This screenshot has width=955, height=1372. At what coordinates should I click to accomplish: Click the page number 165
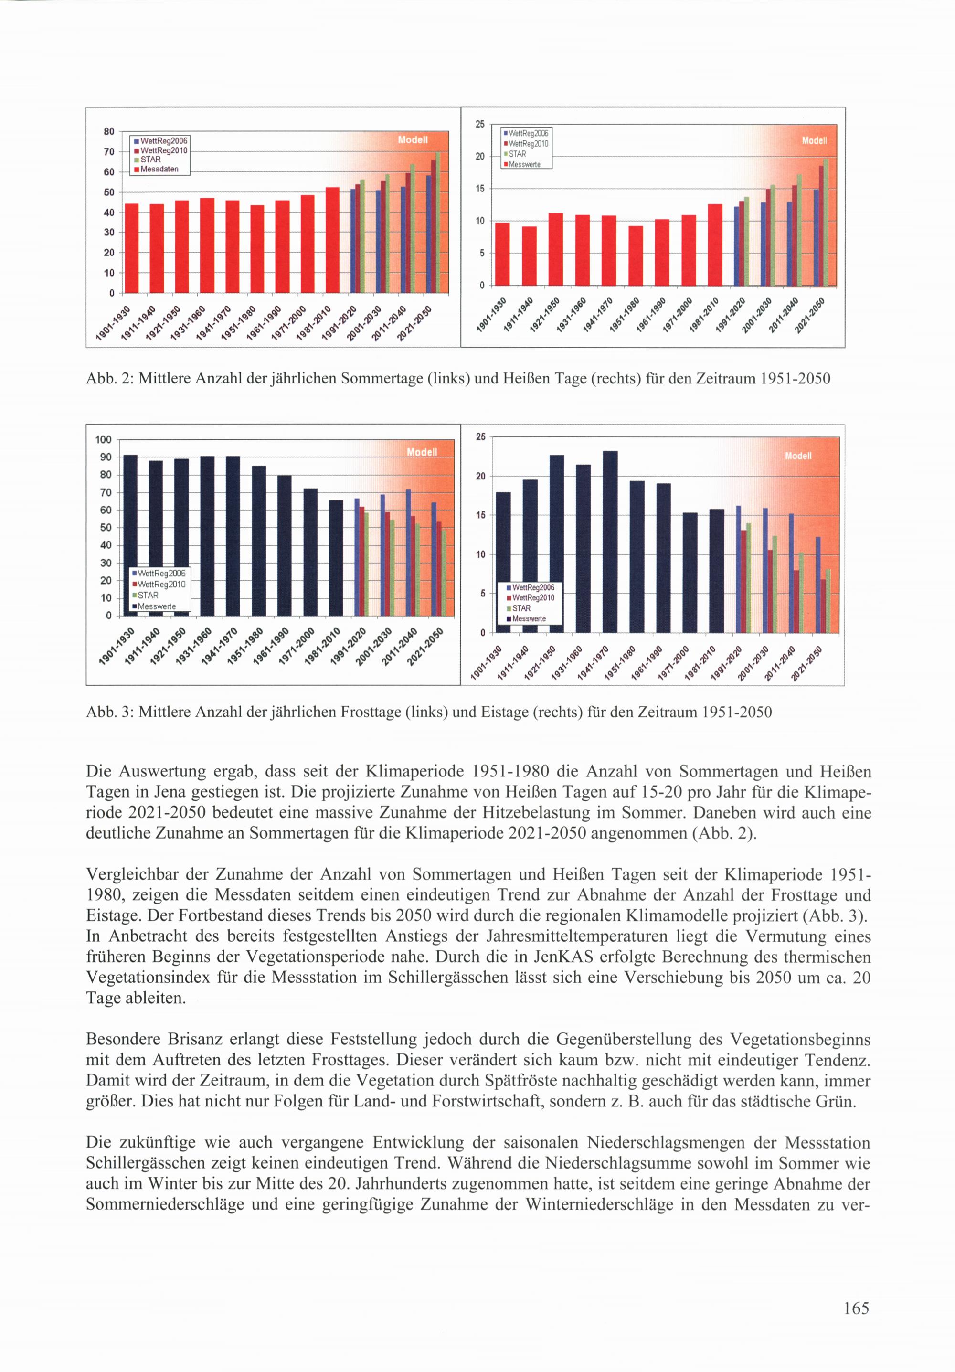[856, 1308]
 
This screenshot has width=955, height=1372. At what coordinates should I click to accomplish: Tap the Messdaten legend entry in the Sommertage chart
[159, 169]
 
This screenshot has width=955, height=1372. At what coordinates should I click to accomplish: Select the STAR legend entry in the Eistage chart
[521, 608]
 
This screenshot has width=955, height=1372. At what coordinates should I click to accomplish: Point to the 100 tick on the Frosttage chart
[104, 440]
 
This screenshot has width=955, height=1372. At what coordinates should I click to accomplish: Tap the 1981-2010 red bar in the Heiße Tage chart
[715, 245]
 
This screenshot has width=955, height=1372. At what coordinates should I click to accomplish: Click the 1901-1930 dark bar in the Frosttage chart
[130, 535]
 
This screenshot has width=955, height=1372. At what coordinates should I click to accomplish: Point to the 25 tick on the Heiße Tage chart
[480, 124]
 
